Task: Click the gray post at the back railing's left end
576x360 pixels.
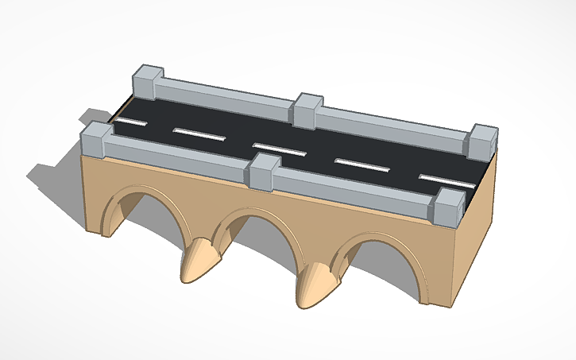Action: pyautogui.click(x=148, y=81)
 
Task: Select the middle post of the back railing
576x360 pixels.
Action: pyautogui.click(x=307, y=110)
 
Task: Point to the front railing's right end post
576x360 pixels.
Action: pyautogui.click(x=449, y=207)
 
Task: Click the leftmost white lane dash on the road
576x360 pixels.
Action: pyautogui.click(x=128, y=122)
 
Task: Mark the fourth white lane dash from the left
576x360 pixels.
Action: pyautogui.click(x=362, y=164)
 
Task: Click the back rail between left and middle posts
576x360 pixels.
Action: pyautogui.click(x=226, y=95)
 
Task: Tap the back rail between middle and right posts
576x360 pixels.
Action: pyautogui.click(x=393, y=126)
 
